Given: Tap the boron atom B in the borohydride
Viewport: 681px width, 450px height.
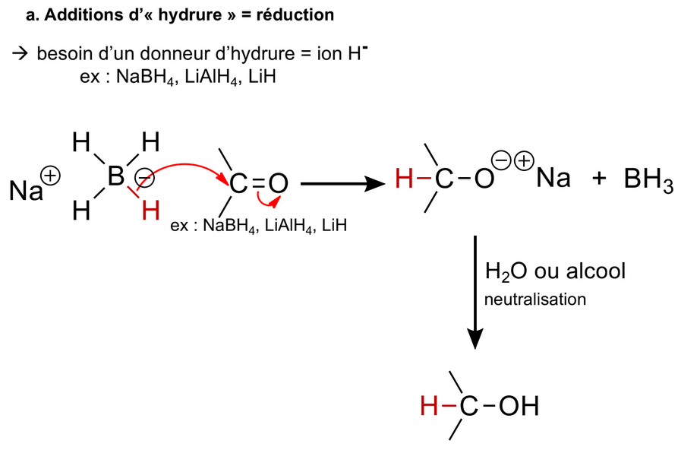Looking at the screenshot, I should (115, 177).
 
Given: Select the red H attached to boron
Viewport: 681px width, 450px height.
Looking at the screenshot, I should (150, 210).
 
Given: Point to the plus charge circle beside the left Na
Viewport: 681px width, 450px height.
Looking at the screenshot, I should (52, 176).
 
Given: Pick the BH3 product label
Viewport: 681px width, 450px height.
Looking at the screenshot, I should (648, 182).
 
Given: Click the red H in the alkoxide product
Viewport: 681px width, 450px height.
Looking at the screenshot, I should (406, 180).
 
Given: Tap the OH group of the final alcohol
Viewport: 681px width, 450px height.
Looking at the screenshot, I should (519, 407).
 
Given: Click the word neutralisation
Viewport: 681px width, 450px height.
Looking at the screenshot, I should (535, 299).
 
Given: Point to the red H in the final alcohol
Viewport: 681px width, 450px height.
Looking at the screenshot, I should (430, 407).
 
